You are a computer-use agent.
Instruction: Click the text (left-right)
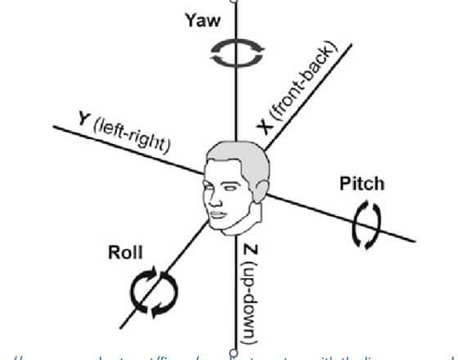[x=131, y=134]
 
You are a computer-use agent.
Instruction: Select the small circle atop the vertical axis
[x=236, y=2]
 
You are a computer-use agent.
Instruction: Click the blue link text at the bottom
[x=229, y=354]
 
